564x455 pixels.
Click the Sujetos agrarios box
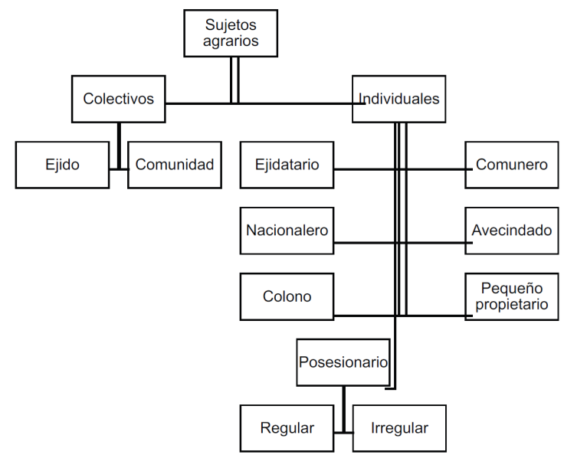coord(231,33)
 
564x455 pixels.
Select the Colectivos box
coord(118,99)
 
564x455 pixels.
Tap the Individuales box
coord(399,99)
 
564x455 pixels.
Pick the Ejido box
coord(62,165)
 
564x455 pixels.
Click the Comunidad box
coord(175,165)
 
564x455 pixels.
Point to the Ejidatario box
coord(287,165)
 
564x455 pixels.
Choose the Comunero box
coord(511,165)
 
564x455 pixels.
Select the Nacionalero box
coord(287,231)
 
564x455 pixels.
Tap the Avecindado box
coord(511,231)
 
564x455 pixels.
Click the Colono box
coord(287,296)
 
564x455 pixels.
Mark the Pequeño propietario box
coord(511,296)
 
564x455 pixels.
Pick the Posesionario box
coord(343,362)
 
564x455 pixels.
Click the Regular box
coord(287,428)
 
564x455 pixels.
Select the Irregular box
coord(399,428)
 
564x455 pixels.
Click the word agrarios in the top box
coord(231,41)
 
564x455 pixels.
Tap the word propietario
coord(511,305)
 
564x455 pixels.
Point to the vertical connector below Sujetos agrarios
coord(234,80)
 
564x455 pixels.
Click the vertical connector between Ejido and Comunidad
coord(119,146)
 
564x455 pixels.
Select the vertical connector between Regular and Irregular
coord(343,409)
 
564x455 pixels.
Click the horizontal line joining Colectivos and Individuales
coord(265,103)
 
